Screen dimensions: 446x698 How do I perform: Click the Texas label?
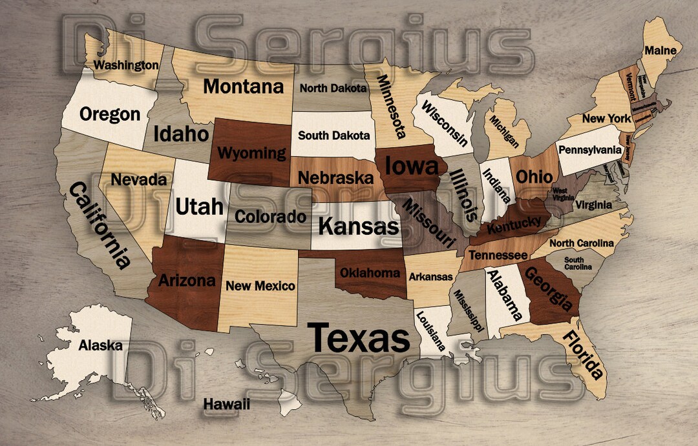tap(358, 338)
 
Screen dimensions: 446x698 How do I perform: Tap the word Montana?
tap(244, 86)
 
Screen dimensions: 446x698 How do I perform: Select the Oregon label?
tap(110, 114)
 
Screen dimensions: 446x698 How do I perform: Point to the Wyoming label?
tap(251, 153)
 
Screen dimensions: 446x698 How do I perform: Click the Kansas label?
tap(359, 227)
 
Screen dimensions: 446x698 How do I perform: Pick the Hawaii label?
tap(226, 404)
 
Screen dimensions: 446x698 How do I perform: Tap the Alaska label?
tap(100, 345)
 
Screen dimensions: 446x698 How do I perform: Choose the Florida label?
tap(584, 354)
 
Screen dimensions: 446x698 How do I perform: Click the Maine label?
tap(661, 50)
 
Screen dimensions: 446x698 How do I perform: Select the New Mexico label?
tap(260, 286)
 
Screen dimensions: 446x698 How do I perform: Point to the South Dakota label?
tap(334, 136)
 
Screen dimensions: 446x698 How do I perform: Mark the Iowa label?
tap(412, 166)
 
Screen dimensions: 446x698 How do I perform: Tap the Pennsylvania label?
tap(590, 150)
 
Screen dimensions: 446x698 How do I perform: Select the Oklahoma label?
tap(370, 273)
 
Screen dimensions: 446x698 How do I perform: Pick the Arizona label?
tap(187, 281)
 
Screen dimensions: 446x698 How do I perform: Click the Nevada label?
tap(139, 179)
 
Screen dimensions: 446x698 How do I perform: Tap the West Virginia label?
tap(560, 194)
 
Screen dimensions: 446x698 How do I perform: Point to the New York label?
tap(606, 119)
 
